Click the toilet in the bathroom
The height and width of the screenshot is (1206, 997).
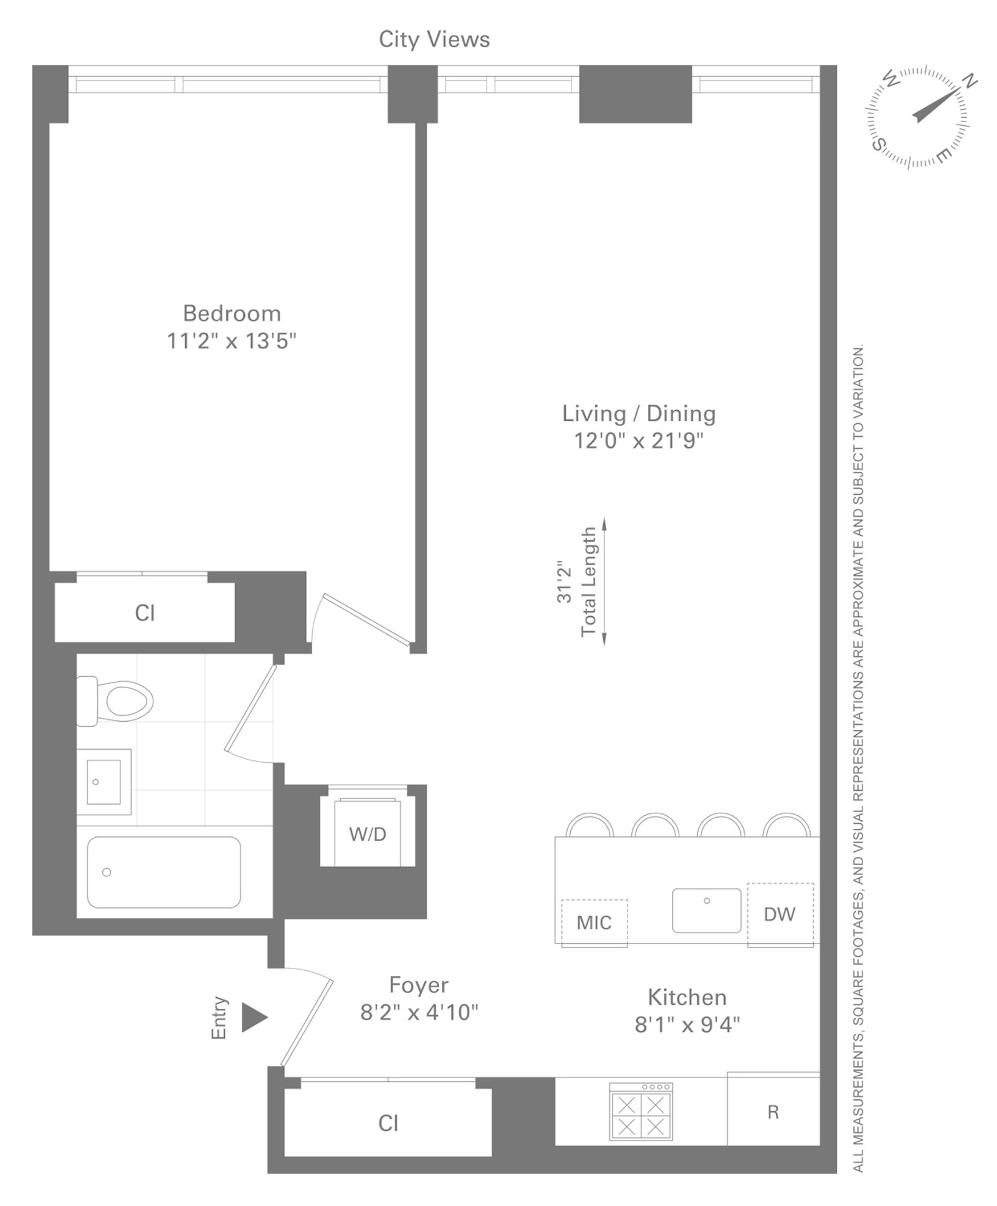[x=115, y=701]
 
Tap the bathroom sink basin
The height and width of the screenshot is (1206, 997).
[x=103, y=782]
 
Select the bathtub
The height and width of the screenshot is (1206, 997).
[x=163, y=872]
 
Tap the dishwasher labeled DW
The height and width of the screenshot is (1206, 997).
[x=780, y=914]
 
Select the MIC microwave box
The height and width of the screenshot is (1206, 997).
[x=594, y=922]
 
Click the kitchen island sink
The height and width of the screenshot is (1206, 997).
[x=707, y=911]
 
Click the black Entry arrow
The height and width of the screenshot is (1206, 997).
[x=254, y=1018]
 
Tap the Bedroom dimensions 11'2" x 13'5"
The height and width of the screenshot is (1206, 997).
[x=231, y=341]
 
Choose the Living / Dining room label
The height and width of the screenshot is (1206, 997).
[x=639, y=413]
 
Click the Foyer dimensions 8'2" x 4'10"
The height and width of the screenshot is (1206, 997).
[x=419, y=1012]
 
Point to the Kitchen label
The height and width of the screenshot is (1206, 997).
[x=687, y=997]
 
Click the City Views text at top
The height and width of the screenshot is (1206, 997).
[x=434, y=39]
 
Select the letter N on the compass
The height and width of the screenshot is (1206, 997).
[x=970, y=81]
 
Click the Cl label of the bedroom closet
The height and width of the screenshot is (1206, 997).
[x=145, y=613]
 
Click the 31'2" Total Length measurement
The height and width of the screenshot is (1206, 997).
[x=578, y=582]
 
